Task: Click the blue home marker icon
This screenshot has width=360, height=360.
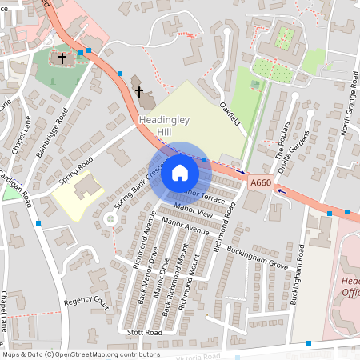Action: pyautogui.click(x=180, y=172)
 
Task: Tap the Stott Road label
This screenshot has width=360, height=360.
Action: pyautogui.click(x=145, y=331)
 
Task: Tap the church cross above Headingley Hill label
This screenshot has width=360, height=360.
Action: pyautogui.click(x=139, y=91)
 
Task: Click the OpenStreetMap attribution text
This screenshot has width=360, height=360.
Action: pyautogui.click(x=80, y=354)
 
